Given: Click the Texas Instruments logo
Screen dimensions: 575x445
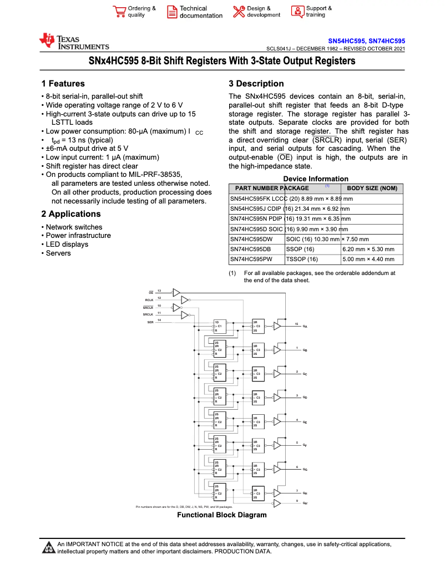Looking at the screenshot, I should pyautogui.click(x=74, y=42).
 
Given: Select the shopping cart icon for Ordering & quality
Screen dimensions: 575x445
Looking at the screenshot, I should pyautogui.click(x=119, y=12).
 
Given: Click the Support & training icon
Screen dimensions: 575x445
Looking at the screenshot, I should pyautogui.click(x=297, y=12).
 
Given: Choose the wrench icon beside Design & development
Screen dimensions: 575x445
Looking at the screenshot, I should pyautogui.click(x=239, y=12).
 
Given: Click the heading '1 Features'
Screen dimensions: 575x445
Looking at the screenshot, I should pyautogui.click(x=63, y=84).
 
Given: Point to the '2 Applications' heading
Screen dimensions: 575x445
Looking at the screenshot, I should pyautogui.click(x=71, y=214).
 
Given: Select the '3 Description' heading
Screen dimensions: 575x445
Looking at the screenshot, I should pyautogui.click(x=256, y=84).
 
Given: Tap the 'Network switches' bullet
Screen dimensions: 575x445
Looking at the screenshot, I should pyautogui.click(x=74, y=227).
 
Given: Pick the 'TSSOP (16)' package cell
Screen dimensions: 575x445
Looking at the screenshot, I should pyautogui.click(x=302, y=259).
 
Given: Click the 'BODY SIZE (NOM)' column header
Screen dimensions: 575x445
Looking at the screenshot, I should pyautogui.click(x=372, y=189).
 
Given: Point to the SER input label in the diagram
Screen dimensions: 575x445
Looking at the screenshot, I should pyautogui.click(x=150, y=322).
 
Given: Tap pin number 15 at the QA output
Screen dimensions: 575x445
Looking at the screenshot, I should pyautogui.click(x=296, y=324).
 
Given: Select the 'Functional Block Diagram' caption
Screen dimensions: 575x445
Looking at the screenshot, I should pyautogui.click(x=221, y=515).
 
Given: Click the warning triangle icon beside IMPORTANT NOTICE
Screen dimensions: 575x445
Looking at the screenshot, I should pyautogui.click(x=48, y=548).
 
